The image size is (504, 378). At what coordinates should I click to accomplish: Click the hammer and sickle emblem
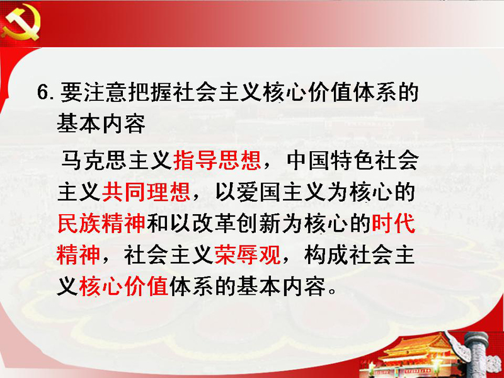(21, 23)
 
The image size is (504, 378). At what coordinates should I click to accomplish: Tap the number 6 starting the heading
(43, 93)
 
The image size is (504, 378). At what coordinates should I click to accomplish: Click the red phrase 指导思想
(217, 160)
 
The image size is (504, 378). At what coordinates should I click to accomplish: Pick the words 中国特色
(330, 160)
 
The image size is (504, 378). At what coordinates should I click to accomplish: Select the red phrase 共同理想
(146, 192)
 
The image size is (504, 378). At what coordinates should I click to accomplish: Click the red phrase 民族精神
(101, 224)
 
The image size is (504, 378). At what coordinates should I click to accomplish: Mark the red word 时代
(393, 224)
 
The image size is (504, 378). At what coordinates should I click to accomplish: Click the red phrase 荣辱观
(248, 255)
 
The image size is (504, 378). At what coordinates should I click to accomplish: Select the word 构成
(326, 255)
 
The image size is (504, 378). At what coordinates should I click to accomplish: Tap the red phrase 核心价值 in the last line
(123, 286)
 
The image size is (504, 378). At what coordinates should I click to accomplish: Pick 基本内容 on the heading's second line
(101, 123)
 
